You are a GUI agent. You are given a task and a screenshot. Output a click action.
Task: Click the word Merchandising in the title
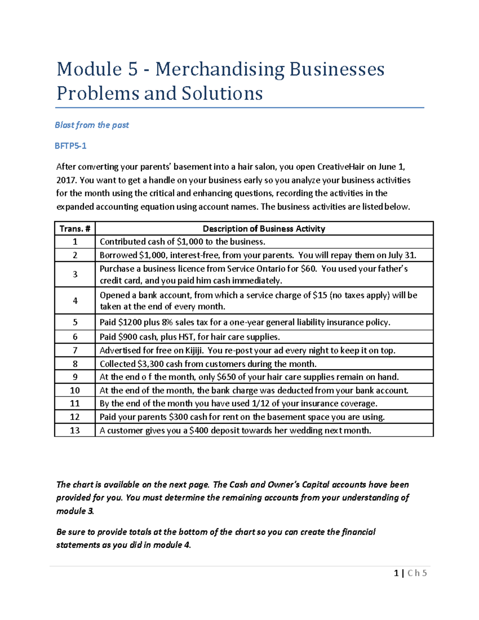[x=220, y=69]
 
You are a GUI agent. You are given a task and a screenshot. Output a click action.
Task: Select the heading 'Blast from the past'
[x=92, y=125]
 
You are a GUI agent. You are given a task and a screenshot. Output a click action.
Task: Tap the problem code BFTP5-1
[x=71, y=146]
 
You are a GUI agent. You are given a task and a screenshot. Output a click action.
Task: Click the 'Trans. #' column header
[x=75, y=229]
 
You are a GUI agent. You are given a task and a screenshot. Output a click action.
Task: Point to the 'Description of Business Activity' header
[x=264, y=229]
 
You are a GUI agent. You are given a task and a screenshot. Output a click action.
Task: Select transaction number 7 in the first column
[x=75, y=351]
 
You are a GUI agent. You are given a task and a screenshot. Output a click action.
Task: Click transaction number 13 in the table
[x=75, y=430]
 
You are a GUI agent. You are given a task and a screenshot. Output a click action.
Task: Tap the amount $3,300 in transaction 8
[x=150, y=364]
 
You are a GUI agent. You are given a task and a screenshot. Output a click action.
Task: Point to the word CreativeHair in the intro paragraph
[x=341, y=167]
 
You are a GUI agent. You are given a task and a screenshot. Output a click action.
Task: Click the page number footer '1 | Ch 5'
[x=410, y=573]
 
